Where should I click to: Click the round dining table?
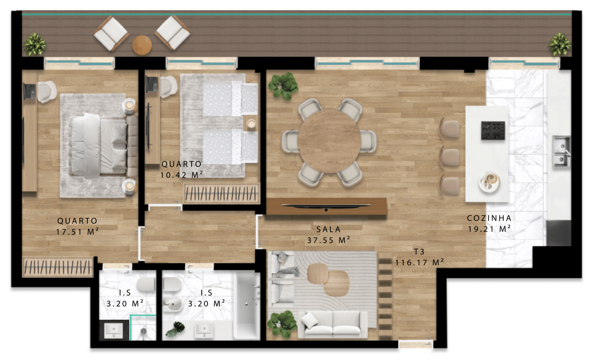(329, 141)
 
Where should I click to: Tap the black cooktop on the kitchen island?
(493, 130)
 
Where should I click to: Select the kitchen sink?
(562, 151)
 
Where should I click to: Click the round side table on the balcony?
(142, 45)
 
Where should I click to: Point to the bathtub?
(246, 305)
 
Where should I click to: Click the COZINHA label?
(489, 218)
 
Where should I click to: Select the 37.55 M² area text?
(328, 240)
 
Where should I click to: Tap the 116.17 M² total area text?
(420, 263)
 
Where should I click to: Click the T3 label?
(419, 251)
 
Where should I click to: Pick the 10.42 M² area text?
(182, 175)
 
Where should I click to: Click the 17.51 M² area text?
(77, 231)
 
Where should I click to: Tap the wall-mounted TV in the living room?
(326, 206)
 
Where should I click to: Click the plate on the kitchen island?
(489, 182)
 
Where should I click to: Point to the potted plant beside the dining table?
(283, 86)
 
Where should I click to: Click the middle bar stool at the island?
(449, 157)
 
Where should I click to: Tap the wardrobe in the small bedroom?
(222, 193)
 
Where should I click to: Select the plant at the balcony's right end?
(560, 44)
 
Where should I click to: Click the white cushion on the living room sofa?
(309, 320)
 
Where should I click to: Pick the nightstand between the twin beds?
(250, 123)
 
